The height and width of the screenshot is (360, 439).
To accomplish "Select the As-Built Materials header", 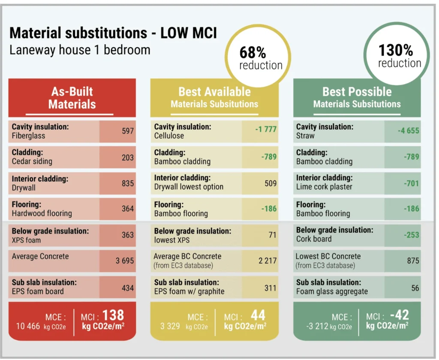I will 72,98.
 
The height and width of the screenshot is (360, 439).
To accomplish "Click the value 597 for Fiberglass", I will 128,131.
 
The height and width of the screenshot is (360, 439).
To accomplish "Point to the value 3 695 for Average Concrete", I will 125,261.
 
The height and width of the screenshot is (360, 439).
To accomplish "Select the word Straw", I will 305,136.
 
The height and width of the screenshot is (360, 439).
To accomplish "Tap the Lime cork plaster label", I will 324,187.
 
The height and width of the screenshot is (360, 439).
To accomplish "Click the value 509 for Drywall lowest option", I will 271,183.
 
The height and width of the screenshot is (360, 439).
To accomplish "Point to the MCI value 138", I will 113,315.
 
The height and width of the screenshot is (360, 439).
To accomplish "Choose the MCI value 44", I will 258,315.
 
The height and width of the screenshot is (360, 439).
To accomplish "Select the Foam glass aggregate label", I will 332,291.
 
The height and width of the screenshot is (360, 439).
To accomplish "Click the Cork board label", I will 313,239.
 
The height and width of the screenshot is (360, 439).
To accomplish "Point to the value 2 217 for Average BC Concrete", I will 268,261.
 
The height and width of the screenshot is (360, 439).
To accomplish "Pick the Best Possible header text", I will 357,92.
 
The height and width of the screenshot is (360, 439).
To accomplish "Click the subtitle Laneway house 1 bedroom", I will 80,50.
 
